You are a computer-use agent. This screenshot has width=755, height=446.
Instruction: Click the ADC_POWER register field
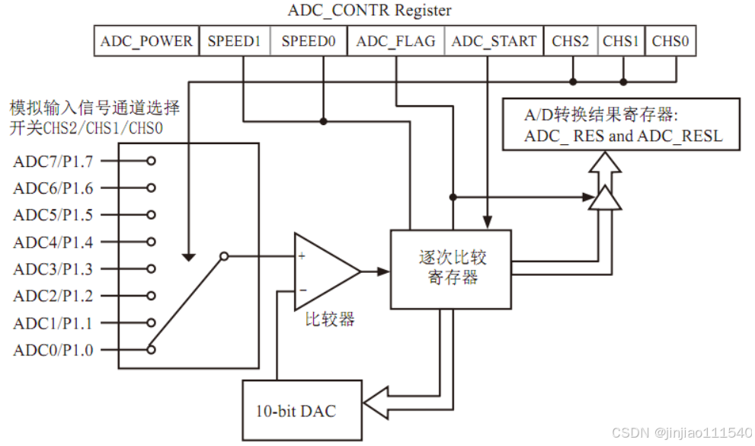146,41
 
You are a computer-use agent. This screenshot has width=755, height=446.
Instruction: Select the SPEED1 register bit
235,41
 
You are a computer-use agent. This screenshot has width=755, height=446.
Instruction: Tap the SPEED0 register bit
309,41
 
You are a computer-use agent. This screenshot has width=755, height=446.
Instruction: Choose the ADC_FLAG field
395,41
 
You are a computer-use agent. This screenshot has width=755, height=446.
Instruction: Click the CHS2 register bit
571,41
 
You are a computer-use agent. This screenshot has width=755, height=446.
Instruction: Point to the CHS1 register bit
621,41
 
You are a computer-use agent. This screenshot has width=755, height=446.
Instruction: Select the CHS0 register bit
670,41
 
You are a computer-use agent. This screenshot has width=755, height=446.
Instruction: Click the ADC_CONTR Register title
369,11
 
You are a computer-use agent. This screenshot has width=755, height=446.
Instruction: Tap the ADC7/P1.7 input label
53,162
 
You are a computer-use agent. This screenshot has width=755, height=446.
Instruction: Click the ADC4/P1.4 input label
53,242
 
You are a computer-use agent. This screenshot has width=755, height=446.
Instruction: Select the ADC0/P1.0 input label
53,350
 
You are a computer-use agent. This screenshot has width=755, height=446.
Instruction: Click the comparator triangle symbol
324,271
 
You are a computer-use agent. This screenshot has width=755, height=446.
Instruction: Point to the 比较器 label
326,319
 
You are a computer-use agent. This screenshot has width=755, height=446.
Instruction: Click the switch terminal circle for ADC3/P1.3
152,269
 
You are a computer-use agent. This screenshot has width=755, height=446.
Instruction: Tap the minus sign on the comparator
302,290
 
